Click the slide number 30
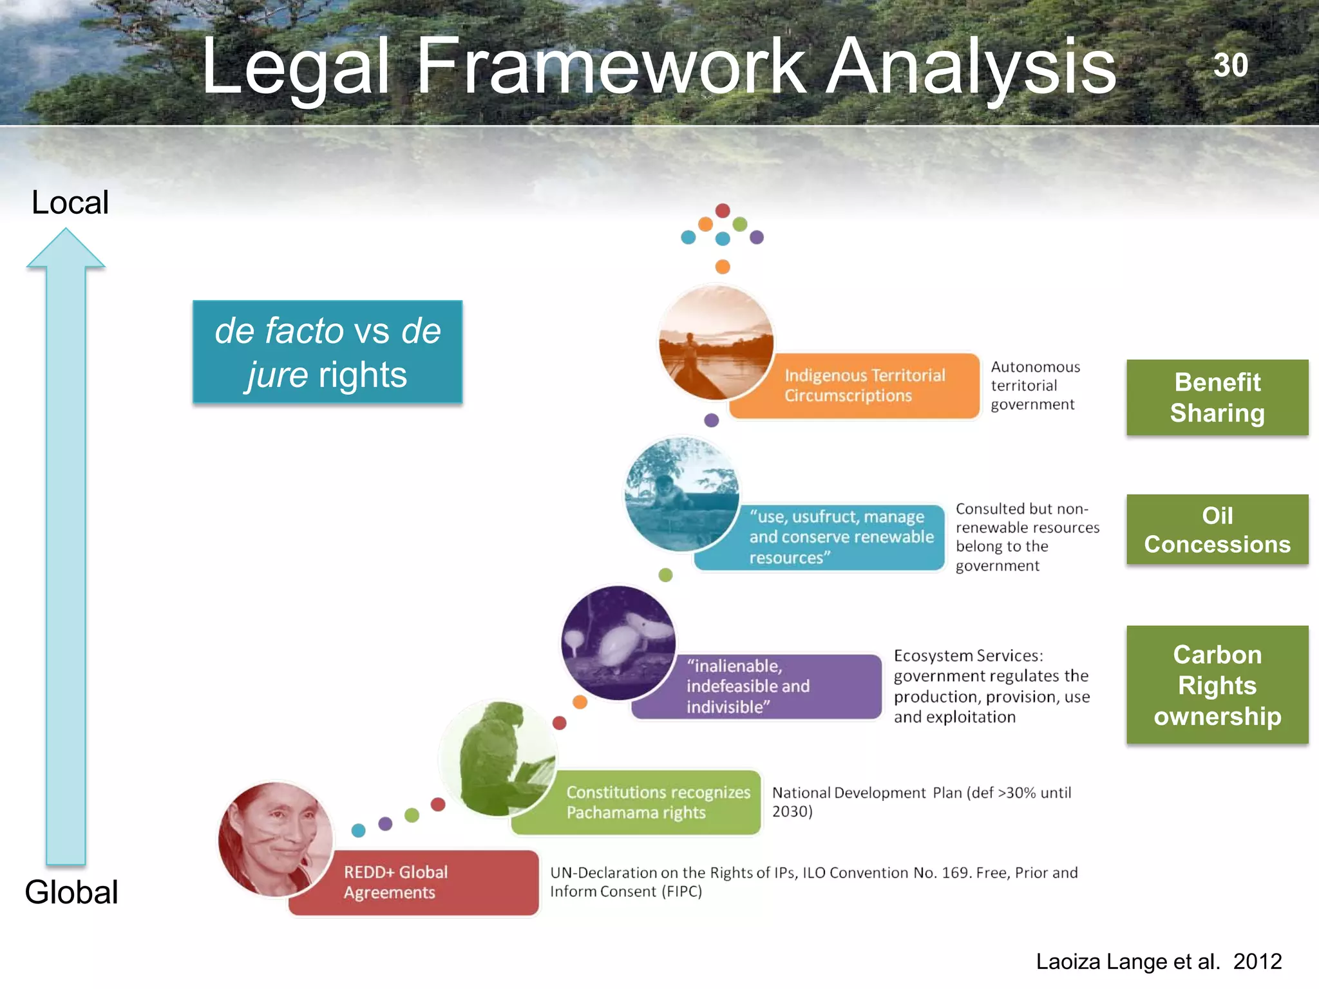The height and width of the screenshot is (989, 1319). tap(1230, 65)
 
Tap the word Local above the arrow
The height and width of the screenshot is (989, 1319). tap(70, 202)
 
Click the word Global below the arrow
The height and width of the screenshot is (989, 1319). tap(71, 892)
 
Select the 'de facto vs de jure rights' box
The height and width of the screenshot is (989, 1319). tap(327, 352)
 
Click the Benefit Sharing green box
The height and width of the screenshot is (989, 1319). tap(1217, 397)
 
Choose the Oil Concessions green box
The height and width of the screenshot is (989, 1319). tap(1217, 529)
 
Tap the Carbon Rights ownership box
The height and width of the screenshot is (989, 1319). tap(1217, 684)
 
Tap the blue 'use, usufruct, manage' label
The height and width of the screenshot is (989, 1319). tap(831, 537)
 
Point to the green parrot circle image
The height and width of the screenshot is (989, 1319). tap(497, 758)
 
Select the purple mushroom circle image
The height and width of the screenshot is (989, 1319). tap(618, 643)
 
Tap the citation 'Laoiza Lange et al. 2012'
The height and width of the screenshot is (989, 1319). tap(1158, 961)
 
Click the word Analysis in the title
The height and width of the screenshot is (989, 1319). tap(971, 66)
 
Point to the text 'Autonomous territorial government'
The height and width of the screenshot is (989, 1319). tap(1034, 386)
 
